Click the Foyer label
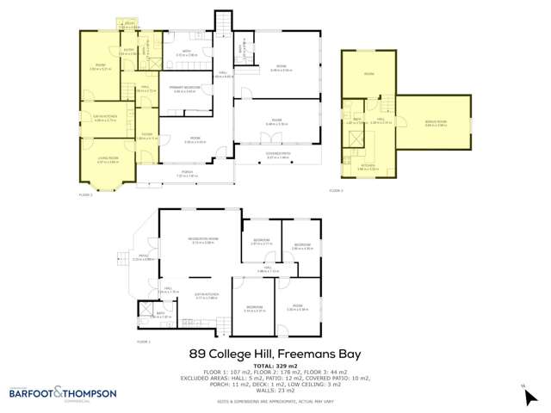tap(147, 135)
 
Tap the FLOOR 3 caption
tap(336, 190)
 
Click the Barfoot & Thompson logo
tap(62, 393)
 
